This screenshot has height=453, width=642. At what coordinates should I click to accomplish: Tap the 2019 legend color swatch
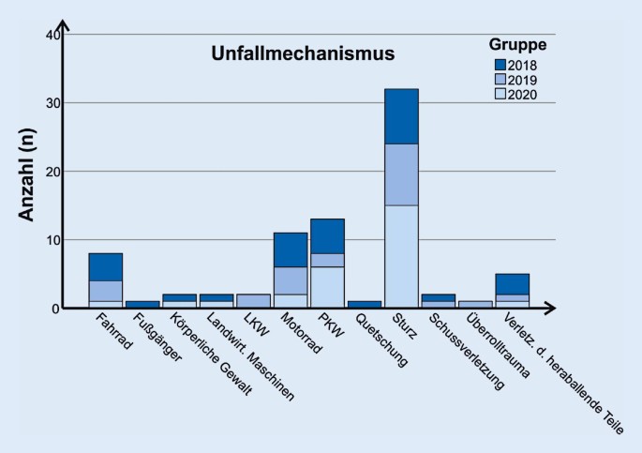500,79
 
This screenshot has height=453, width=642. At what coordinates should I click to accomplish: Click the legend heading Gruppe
517,45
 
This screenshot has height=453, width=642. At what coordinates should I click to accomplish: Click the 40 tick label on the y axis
52,36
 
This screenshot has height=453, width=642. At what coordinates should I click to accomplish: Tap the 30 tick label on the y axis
52,104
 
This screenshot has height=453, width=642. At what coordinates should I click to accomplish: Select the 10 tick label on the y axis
52,240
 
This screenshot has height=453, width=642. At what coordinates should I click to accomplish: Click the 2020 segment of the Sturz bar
401,256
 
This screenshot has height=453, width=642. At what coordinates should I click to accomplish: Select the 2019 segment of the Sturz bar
401,174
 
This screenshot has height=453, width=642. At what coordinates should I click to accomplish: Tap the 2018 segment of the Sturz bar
401,116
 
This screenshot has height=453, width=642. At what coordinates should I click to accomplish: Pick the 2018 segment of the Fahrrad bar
106,266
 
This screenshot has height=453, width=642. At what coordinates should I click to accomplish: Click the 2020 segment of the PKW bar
327,287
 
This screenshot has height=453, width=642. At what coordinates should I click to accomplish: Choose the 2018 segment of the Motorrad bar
291,249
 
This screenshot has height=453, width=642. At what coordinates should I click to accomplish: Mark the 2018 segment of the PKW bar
327,235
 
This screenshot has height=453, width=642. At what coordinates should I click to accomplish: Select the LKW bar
253,301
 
